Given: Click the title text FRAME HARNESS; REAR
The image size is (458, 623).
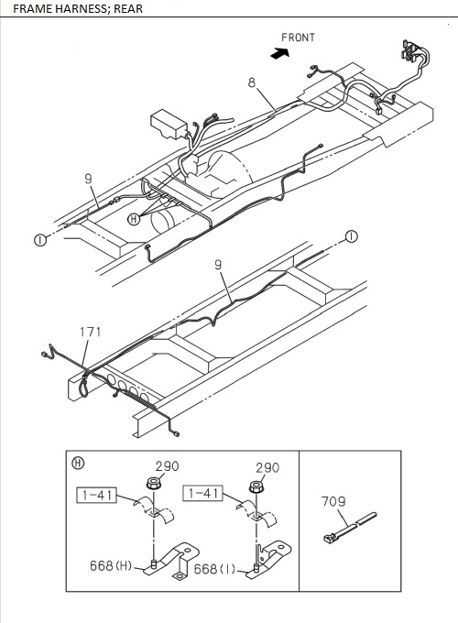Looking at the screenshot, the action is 78,9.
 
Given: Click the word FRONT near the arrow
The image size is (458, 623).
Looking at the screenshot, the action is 298,38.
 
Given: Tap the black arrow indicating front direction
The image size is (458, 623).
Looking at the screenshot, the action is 280,53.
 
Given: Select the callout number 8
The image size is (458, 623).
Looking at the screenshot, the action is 252,82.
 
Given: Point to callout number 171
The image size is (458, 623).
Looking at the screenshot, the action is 90,332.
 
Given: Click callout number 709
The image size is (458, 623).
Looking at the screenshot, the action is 333,501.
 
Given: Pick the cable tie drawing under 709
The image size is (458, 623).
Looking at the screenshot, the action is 350,528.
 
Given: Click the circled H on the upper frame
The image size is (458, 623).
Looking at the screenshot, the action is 134,219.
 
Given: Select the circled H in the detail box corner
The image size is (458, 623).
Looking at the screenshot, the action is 78,463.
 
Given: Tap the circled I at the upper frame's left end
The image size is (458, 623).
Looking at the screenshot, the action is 40,240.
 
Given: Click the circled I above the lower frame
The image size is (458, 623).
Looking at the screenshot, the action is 352,236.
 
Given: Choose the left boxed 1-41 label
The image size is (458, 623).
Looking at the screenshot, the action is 96,496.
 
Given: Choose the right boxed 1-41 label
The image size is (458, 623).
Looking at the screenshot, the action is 202,494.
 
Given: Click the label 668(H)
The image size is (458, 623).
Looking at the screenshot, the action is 111,566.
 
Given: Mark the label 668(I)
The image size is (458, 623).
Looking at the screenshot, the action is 214,569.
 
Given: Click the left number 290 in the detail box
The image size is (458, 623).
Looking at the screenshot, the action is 167,466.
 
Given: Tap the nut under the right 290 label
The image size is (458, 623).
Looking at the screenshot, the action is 256,486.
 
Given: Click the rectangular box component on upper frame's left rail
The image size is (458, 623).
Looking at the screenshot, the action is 169,124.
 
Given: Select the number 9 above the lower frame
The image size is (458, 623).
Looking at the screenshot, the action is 218,265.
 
